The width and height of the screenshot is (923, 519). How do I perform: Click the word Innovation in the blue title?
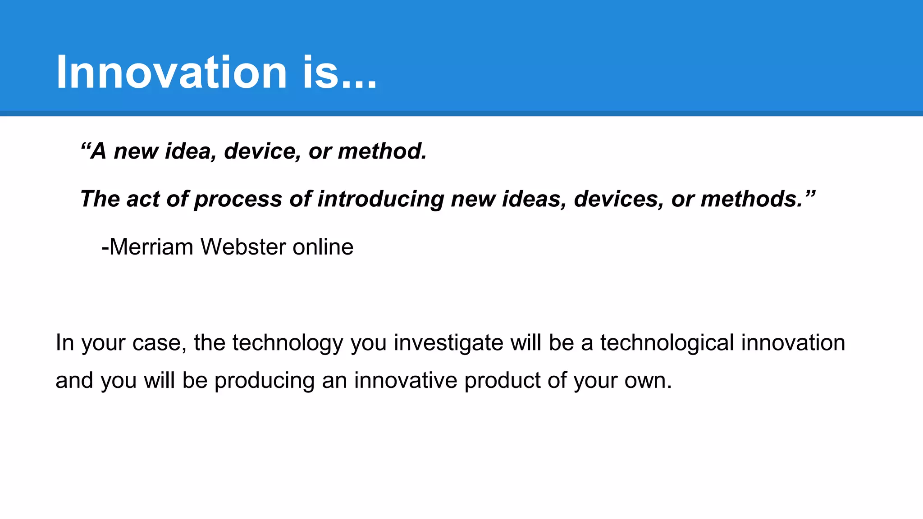tap(171, 72)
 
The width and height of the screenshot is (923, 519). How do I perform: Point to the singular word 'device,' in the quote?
tap(262, 151)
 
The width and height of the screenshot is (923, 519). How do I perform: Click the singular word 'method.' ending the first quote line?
tap(382, 151)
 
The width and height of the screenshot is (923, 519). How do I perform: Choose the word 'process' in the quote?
tap(238, 199)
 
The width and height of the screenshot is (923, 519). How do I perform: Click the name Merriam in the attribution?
tap(151, 247)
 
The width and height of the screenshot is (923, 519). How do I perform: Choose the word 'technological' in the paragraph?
tap(667, 343)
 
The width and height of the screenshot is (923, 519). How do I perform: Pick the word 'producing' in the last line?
tap(264, 381)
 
